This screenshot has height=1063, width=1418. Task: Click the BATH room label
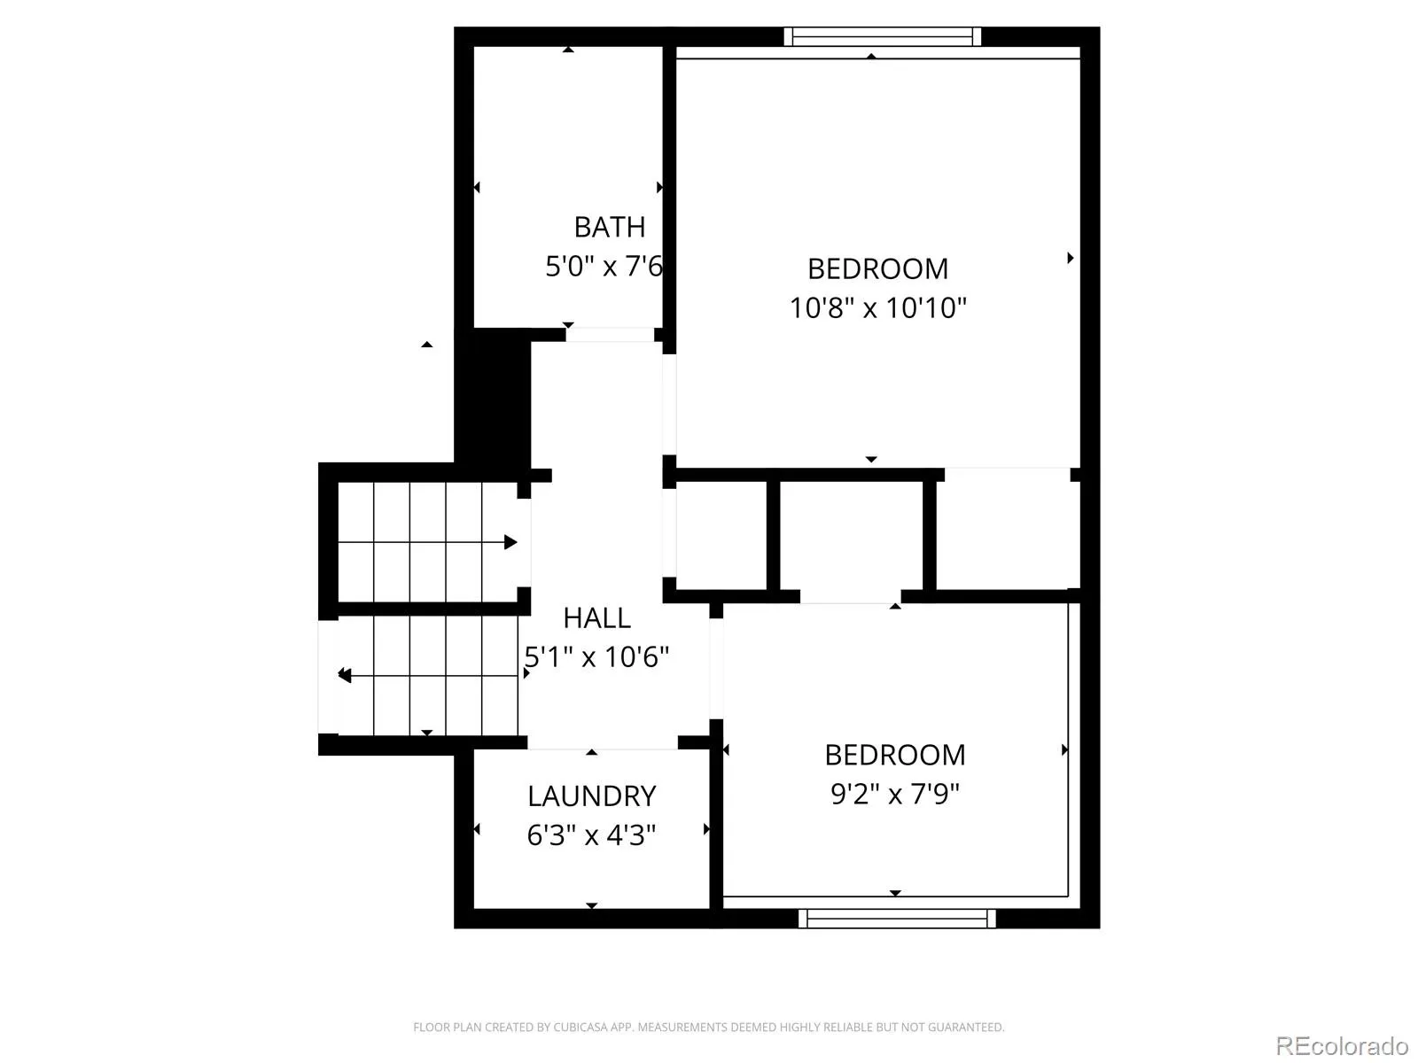point(609,227)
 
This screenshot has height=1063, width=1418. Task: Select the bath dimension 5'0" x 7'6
point(604,267)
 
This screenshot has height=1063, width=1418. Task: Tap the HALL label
point(596,618)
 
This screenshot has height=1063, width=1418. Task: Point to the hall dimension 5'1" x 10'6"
point(596,657)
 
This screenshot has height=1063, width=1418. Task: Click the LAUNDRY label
point(592,796)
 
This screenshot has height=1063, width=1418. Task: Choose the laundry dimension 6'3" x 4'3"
point(591,835)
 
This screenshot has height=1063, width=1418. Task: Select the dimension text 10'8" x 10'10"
point(878,308)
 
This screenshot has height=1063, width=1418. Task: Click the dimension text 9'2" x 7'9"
point(895,794)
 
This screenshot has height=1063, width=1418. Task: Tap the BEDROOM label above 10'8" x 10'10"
point(878,269)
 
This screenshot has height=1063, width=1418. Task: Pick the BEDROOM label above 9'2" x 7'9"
point(895,755)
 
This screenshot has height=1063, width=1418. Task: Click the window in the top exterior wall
point(883,37)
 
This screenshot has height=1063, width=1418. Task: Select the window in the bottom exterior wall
point(897,919)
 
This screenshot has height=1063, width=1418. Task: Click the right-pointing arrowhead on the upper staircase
point(510,542)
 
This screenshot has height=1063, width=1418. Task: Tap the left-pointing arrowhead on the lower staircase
point(345,676)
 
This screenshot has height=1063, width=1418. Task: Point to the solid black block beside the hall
point(493,400)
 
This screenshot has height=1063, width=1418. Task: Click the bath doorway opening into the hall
point(611,334)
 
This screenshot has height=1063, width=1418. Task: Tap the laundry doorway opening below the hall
point(603,743)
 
